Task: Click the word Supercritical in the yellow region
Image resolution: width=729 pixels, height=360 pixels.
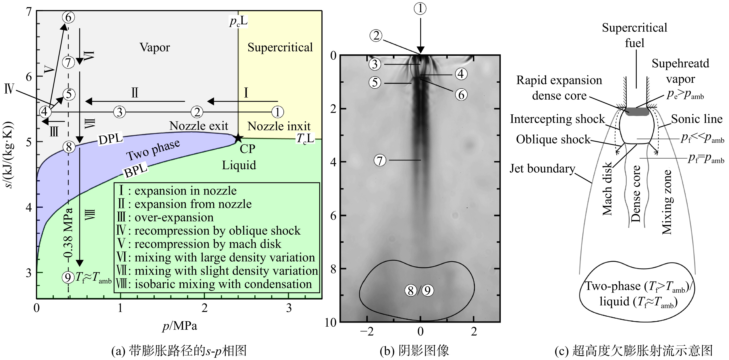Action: coord(280,47)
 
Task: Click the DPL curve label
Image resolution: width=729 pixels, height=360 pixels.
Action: coord(110,138)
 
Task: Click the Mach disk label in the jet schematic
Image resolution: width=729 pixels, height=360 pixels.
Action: coord(607,189)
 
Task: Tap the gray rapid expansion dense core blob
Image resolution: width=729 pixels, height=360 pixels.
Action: coord(636,112)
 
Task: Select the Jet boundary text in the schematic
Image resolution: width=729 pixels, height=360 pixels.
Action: coord(543,169)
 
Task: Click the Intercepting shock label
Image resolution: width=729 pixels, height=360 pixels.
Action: coord(557,119)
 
